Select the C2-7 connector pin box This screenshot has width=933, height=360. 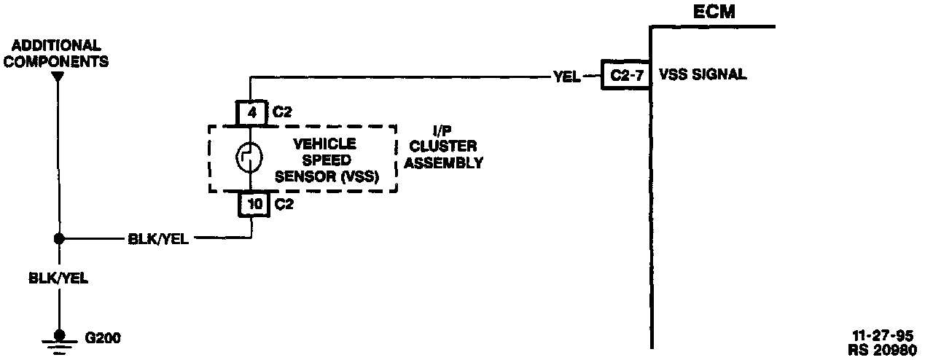click(x=625, y=74)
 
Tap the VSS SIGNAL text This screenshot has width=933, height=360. click(x=702, y=74)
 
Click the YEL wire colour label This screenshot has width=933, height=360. click(x=566, y=75)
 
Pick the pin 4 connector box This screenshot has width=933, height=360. click(x=251, y=113)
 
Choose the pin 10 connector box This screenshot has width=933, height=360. click(x=254, y=205)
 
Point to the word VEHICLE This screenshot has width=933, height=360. click(x=324, y=144)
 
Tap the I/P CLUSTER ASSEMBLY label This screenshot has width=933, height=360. click(x=442, y=148)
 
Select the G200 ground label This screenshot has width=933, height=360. click(x=103, y=339)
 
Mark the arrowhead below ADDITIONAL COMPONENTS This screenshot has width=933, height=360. click(x=59, y=74)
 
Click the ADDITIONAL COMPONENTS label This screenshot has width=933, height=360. click(x=56, y=53)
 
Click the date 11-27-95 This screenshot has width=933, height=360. click(x=884, y=336)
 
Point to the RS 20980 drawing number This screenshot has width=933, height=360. click(x=884, y=349)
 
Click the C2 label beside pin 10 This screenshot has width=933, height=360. click(x=284, y=205)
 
